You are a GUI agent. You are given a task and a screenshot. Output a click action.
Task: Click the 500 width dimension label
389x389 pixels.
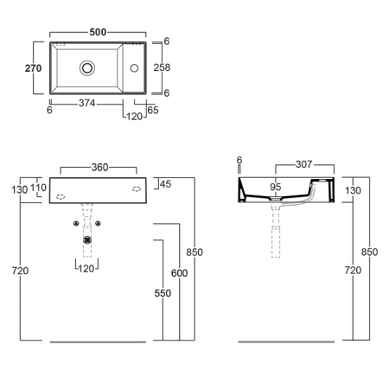click(x=98, y=32)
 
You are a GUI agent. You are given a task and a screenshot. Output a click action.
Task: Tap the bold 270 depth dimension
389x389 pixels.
click(x=33, y=68)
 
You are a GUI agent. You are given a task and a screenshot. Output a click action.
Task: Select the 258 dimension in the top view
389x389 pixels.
click(x=162, y=67)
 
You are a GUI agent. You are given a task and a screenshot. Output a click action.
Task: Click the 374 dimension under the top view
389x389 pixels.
click(x=87, y=103)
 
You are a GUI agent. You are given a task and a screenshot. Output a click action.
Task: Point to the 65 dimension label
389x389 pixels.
click(x=153, y=110)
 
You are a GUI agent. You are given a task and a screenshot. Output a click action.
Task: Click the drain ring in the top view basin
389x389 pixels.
click(x=87, y=68)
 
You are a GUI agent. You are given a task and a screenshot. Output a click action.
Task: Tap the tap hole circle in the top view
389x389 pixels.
click(x=134, y=68)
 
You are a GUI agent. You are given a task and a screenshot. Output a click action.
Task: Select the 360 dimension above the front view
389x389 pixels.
click(x=99, y=167)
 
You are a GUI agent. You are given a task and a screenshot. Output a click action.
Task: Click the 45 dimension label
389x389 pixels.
click(x=165, y=184)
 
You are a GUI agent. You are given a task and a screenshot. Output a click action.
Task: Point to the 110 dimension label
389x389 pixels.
click(x=38, y=188)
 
